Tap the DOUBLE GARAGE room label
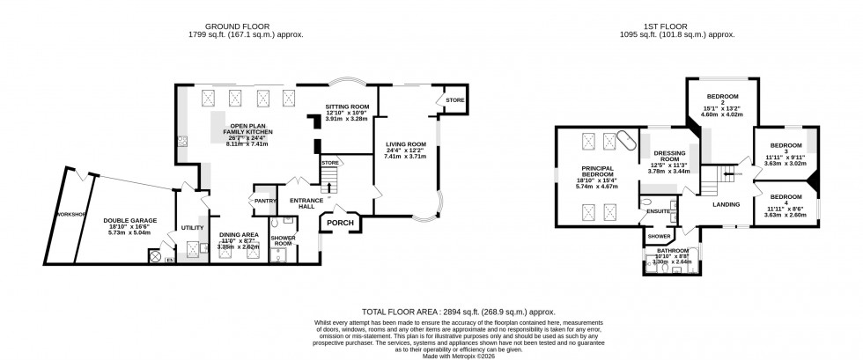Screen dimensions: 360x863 pos(129,221)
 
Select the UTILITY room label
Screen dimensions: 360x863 pos(192,228)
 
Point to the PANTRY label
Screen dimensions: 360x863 pos(265,200)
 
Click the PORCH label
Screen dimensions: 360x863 pos(340,223)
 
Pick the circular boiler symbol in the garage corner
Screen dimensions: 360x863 pos(157,257)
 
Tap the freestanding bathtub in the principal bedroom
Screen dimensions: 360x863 pos(624,140)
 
